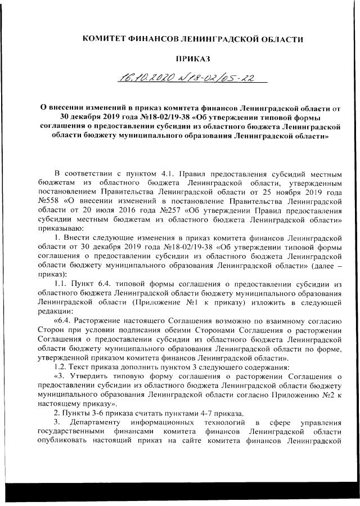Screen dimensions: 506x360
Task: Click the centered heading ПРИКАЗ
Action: (192, 58)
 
